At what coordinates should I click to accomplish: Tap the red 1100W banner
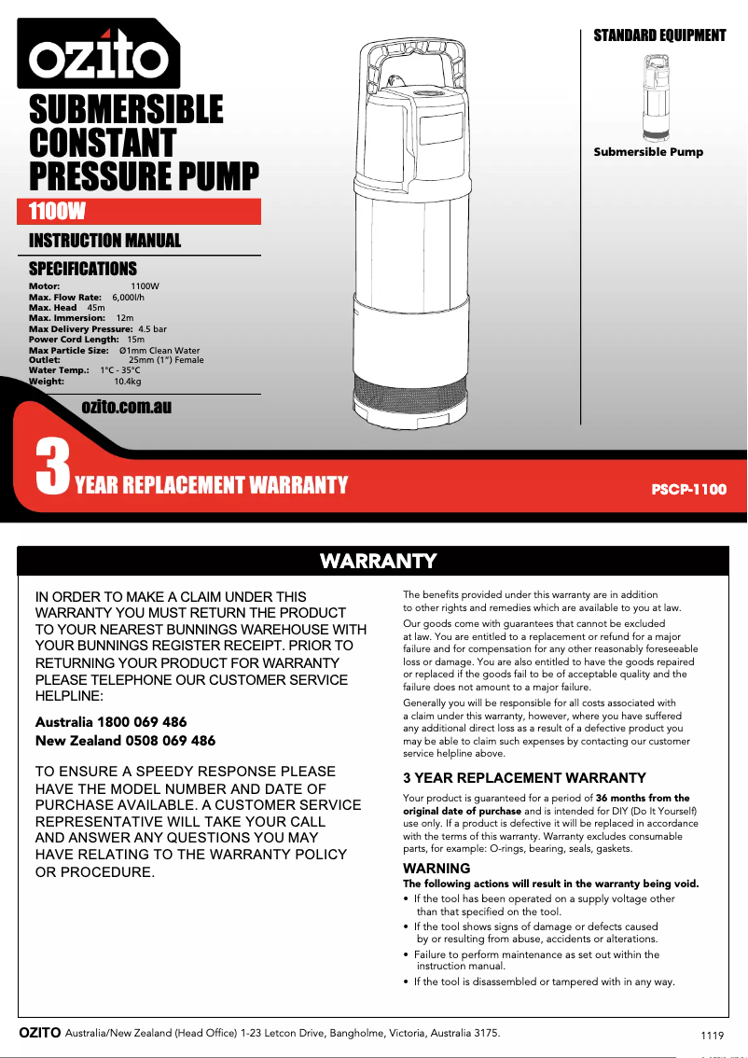click(144, 212)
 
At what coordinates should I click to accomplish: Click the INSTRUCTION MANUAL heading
click(104, 241)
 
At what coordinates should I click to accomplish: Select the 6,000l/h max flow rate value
click(128, 297)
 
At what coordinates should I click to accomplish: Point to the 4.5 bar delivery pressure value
click(152, 329)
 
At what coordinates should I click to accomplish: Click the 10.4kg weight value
click(127, 381)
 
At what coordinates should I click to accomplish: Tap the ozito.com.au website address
click(126, 407)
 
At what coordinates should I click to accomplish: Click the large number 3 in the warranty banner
click(51, 466)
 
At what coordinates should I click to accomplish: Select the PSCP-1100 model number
click(687, 489)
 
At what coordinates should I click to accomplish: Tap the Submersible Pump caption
click(648, 152)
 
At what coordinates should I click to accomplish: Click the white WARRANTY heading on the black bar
click(378, 561)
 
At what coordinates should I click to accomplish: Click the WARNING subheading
click(436, 869)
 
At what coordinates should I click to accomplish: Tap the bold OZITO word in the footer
click(40, 1033)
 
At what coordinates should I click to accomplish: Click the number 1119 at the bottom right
click(712, 1036)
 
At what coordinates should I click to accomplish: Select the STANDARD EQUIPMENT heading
click(659, 35)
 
